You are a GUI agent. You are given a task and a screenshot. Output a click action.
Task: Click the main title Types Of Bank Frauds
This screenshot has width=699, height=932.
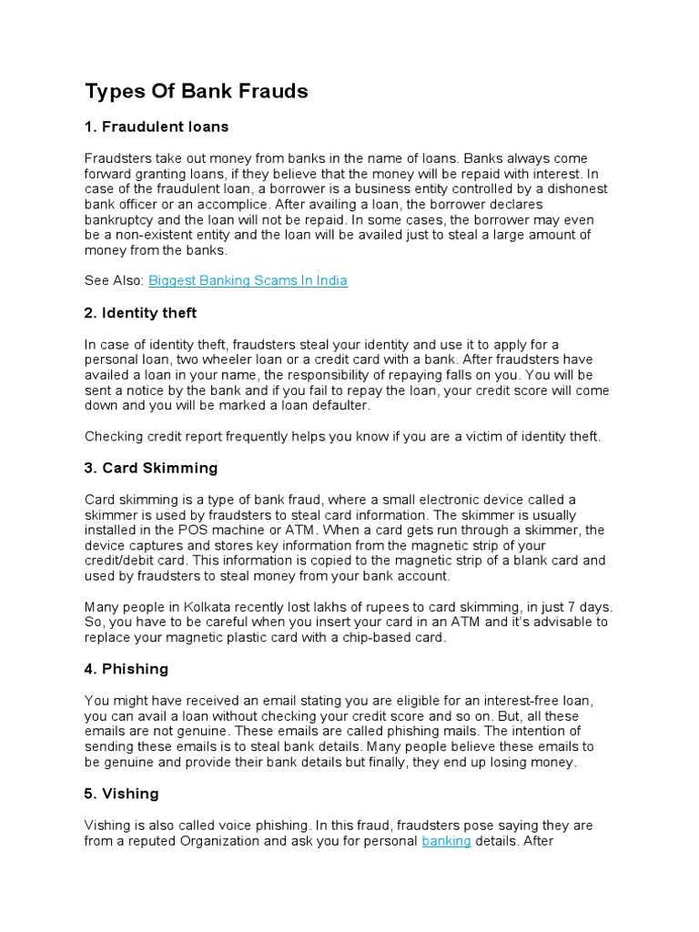click(x=197, y=91)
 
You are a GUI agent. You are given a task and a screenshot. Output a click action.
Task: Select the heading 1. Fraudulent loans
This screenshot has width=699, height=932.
click(x=157, y=126)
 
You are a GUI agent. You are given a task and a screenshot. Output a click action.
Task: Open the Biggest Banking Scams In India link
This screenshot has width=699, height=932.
click(x=248, y=280)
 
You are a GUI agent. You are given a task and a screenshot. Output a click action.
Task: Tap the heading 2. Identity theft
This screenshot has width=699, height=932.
click(x=140, y=312)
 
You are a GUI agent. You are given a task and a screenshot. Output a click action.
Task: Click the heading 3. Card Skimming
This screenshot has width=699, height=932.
click(x=151, y=468)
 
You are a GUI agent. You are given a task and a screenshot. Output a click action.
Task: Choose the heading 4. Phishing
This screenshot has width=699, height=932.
click(x=127, y=669)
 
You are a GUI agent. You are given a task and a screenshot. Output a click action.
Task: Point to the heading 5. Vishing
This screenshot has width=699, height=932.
click(x=122, y=794)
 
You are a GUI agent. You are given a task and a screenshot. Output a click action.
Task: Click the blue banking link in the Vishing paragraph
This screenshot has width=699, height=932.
click(x=446, y=842)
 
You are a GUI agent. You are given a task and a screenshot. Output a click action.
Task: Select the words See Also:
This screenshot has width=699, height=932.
click(x=114, y=280)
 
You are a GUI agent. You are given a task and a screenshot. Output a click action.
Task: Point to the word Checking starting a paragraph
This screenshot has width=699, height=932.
click(x=112, y=437)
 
